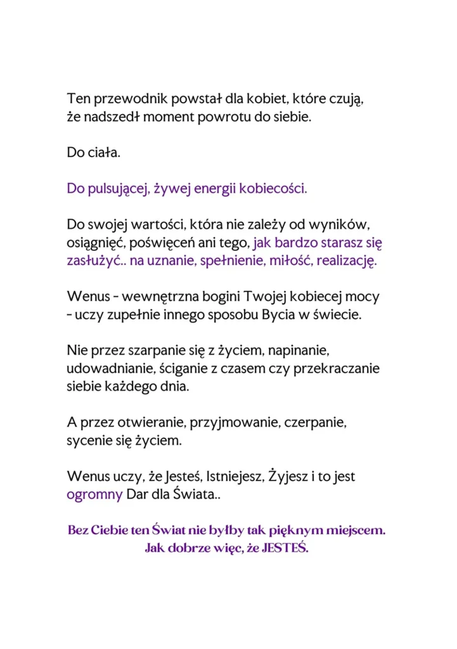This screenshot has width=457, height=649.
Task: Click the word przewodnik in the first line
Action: coord(124,100)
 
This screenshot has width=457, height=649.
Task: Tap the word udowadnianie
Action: coord(105,368)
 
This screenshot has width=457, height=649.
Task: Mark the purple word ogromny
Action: coord(94,494)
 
